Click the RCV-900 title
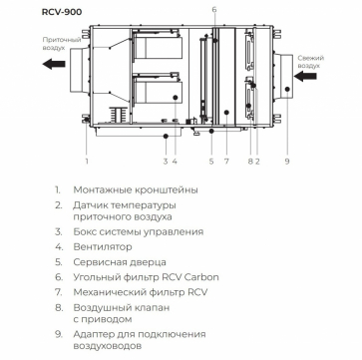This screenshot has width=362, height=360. click(62, 12)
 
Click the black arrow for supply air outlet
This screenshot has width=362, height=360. click(54, 64)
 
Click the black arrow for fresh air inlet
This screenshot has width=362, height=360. click(305, 76)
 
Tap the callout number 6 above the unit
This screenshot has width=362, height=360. click(214, 10)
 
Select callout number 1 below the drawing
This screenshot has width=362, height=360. click(87, 162)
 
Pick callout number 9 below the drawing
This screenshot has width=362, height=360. click(287, 162)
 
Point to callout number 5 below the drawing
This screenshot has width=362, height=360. click(211, 162)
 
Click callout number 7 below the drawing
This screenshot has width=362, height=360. click(226, 162)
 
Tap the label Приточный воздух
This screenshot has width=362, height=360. click(62, 44)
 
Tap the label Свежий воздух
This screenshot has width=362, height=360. click(311, 62)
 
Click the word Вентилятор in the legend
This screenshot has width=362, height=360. click(103, 247)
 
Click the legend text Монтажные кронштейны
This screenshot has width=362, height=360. click(136, 190)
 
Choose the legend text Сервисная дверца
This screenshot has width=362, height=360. click(120, 262)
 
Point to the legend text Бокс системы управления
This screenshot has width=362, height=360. click(139, 231)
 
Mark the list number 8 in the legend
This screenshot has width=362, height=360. click(59, 307)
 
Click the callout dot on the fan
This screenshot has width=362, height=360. click(176, 97)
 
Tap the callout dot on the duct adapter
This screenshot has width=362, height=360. click(287, 89)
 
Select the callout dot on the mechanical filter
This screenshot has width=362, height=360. click(226, 113)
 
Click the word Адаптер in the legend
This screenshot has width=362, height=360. click(94, 334)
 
